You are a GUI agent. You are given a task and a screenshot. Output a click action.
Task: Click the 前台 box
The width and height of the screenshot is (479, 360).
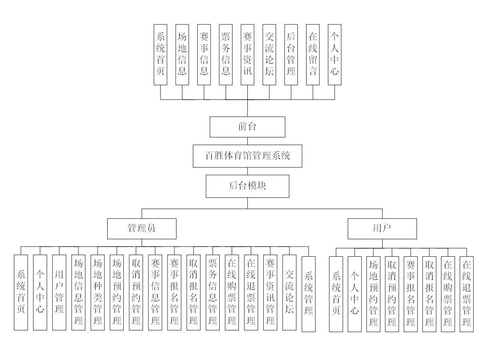(247, 127)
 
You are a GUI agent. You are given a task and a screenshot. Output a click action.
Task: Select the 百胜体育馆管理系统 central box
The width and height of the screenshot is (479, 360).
(247, 156)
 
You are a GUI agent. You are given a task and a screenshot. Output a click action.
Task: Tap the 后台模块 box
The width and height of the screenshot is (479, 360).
(247, 186)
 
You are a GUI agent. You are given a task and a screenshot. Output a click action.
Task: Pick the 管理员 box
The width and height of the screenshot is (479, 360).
(142, 228)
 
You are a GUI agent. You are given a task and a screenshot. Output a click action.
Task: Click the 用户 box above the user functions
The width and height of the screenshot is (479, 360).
(382, 228)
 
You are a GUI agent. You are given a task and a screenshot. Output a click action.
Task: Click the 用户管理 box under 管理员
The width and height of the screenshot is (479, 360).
(59, 292)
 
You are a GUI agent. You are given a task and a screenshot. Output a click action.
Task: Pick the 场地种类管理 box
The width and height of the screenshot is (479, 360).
(98, 292)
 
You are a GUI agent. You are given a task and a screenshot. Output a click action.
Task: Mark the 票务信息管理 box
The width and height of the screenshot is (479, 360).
(212, 292)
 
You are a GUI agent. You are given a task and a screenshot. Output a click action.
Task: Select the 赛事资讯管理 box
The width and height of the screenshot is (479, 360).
(270, 292)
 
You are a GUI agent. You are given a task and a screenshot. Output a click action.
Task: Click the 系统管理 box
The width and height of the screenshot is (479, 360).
(309, 294)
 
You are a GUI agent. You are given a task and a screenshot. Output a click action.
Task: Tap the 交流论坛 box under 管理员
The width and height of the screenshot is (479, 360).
(289, 292)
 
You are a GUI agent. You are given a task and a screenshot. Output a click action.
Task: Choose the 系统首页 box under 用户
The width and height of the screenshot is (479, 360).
(336, 294)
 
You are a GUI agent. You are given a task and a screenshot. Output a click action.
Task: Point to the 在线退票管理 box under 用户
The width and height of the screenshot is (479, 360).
(466, 294)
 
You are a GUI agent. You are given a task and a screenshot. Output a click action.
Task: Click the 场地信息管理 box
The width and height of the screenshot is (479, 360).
(78, 292)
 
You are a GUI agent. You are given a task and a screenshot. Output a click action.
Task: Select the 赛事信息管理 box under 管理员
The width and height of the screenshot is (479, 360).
(155, 292)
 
